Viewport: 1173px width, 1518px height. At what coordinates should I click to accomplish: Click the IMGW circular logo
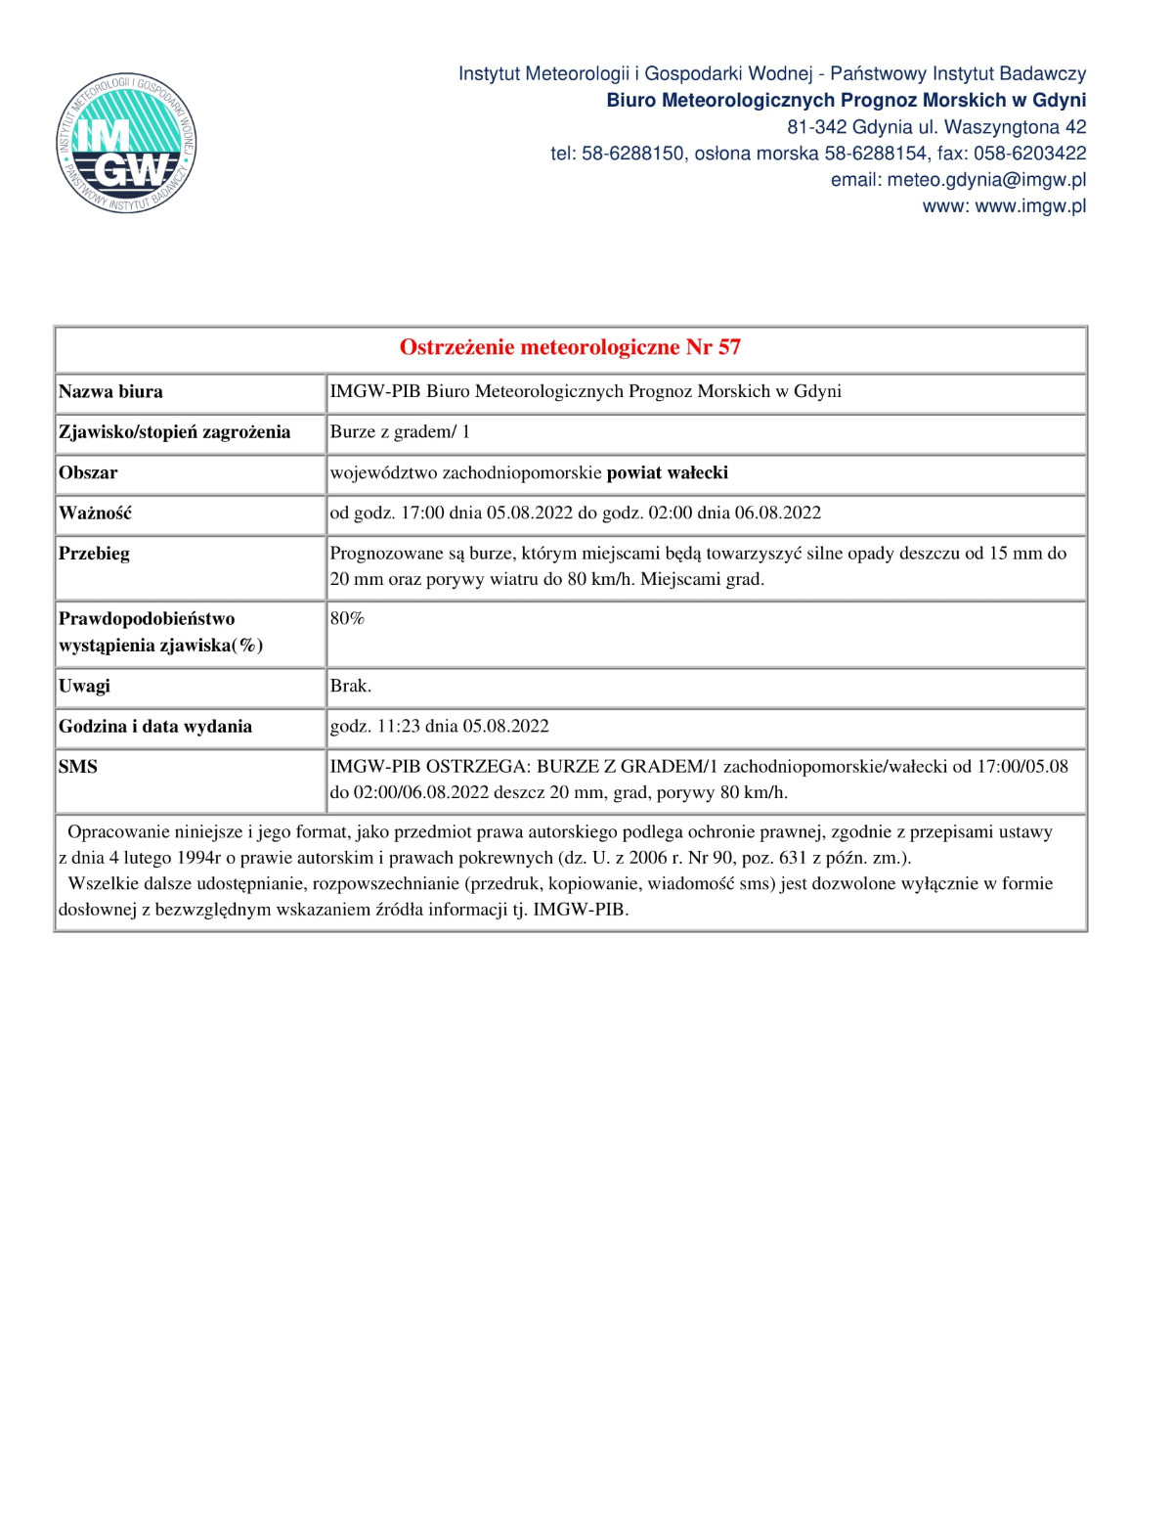pos(126,143)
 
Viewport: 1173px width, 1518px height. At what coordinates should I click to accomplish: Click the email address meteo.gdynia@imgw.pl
pos(986,180)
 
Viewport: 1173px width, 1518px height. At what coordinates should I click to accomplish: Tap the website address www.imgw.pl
pos(1030,206)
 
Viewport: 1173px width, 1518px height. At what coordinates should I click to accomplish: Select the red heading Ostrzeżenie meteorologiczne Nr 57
pos(570,347)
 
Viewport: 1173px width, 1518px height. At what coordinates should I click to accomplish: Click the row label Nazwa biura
pos(110,392)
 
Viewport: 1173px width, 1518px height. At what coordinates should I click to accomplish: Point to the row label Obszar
pos(88,473)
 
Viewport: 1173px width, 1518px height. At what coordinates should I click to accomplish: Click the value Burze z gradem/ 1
pos(400,432)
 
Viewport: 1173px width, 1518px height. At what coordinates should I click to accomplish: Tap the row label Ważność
pos(95,513)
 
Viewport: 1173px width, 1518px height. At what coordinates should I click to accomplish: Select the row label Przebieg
pos(94,554)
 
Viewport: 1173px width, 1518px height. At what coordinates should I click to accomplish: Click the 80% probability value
pos(347,619)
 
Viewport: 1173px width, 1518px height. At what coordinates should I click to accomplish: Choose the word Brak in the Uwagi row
pos(349,687)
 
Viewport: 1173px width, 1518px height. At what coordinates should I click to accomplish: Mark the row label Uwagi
pos(84,687)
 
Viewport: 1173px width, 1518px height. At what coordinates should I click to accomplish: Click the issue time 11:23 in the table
pos(398,727)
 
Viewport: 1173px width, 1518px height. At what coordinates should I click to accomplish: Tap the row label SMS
pos(78,767)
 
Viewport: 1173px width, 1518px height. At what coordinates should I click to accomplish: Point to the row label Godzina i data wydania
pos(155,727)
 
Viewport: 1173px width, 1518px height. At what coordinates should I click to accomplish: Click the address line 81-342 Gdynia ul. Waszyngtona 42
pos(935,127)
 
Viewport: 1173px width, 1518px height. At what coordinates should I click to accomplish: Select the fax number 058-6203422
pos(1029,154)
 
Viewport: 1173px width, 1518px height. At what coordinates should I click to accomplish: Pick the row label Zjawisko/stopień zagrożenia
pos(174,432)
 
